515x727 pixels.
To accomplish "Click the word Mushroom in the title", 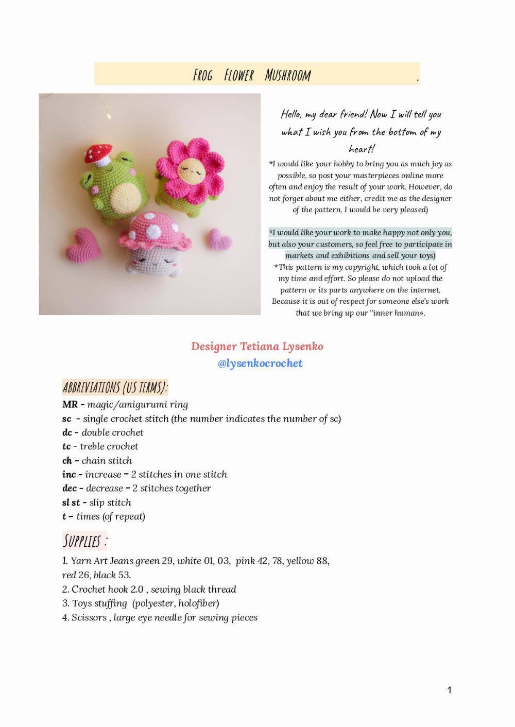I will point(288,76).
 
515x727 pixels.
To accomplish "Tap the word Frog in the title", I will point(202,76).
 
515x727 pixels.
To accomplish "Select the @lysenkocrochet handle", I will point(260,363).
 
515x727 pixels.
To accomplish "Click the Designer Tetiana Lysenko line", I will point(257,347).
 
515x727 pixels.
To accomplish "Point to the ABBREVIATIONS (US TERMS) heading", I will point(115,387).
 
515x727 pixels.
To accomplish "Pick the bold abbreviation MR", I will point(70,405).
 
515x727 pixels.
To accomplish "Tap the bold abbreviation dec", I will point(69,489).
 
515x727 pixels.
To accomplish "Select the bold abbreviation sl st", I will point(71,503).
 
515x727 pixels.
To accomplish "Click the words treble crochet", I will point(109,446).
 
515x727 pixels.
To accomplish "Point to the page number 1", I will point(449,690).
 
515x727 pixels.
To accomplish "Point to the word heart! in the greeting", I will point(362,149).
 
